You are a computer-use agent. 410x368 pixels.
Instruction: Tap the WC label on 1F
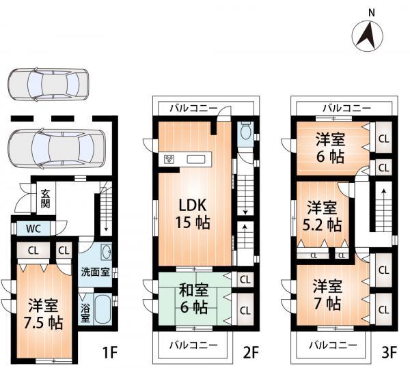(33, 229)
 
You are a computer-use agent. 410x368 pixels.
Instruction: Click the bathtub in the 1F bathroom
(103, 311)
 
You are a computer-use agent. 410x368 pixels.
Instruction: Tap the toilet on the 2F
(247, 131)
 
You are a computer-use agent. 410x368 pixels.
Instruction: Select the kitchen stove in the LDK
(169, 160)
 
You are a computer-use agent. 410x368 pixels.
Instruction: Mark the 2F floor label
(251, 353)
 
